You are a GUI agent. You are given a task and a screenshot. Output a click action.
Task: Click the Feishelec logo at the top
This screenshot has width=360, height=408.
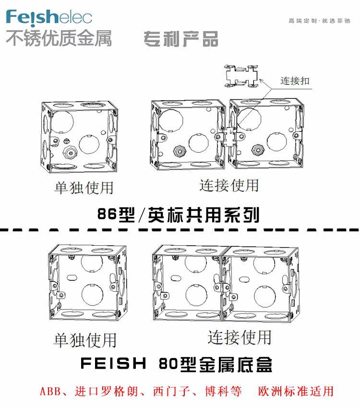(49, 18)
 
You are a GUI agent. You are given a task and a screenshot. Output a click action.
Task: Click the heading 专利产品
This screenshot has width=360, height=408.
(181, 39)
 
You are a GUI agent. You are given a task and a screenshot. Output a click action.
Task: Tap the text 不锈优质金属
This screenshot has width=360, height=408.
(59, 38)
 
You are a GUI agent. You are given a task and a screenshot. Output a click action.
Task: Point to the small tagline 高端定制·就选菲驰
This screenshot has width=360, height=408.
(319, 21)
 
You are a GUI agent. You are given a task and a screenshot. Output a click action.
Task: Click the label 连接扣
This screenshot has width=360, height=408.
(295, 81)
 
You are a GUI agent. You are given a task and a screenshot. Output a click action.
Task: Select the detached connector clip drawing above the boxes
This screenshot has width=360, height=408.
(241, 76)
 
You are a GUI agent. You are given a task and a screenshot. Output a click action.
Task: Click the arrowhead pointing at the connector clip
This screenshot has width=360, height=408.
(261, 81)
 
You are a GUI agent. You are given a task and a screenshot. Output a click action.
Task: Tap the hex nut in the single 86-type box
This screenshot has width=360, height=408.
(70, 153)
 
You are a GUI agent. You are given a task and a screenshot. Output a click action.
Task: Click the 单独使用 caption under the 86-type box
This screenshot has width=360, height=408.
(84, 188)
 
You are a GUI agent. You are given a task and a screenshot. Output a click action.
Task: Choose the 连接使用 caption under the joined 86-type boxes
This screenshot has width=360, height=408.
(229, 185)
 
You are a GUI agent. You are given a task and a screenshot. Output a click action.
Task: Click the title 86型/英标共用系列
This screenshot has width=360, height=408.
(179, 215)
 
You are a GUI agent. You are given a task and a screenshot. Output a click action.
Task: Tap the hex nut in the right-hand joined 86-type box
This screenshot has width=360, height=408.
(258, 149)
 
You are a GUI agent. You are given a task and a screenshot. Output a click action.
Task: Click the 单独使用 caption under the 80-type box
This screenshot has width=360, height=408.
(85, 340)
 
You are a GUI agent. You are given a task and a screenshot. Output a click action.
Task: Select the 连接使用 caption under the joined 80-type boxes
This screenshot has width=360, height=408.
(240, 337)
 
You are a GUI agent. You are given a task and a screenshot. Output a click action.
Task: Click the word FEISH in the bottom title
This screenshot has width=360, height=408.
(113, 363)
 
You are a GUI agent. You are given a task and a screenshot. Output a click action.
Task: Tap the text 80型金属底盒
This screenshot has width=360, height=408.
(216, 364)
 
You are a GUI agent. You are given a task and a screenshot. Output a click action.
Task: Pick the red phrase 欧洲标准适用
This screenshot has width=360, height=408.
(296, 391)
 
